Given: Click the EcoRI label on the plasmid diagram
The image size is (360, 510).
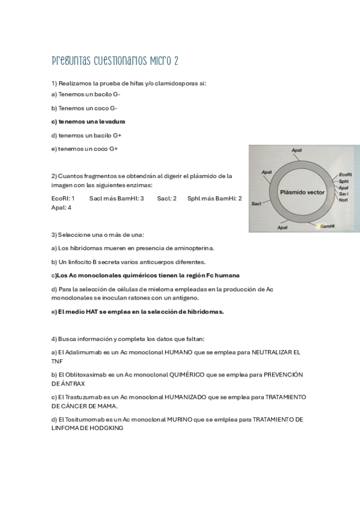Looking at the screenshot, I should (345, 174).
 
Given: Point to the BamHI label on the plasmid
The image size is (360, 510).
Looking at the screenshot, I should (327, 226).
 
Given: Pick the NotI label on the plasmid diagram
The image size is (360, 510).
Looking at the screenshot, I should (343, 200).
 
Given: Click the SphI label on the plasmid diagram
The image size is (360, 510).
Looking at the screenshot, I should (344, 181).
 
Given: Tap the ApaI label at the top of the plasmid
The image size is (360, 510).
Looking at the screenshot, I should (296, 150).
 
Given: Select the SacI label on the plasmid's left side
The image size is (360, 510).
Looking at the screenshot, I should (257, 204).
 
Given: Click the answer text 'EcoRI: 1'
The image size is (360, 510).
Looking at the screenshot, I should (63, 198).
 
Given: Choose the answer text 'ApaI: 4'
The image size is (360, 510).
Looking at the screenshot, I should (61, 207).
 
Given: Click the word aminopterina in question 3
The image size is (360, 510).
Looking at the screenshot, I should (192, 248).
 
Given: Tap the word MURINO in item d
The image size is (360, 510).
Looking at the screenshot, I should (183, 420).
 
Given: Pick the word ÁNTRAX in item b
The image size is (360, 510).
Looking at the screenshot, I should (72, 384).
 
